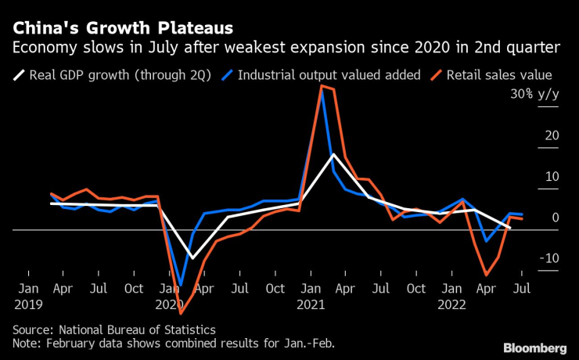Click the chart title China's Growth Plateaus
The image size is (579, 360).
[x=121, y=29]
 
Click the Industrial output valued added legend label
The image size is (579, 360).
[x=329, y=76]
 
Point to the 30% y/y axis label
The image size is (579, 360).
[x=534, y=94]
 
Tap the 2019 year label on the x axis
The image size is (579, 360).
[x=28, y=304]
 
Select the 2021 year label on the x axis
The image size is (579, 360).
[x=312, y=304]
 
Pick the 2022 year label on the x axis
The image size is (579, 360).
[x=454, y=304]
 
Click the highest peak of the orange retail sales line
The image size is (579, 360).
[x=322, y=86]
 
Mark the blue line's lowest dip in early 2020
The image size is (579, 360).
[x=182, y=286]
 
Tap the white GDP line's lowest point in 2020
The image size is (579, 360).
[x=192, y=258]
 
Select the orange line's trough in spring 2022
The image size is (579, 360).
[x=487, y=275]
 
